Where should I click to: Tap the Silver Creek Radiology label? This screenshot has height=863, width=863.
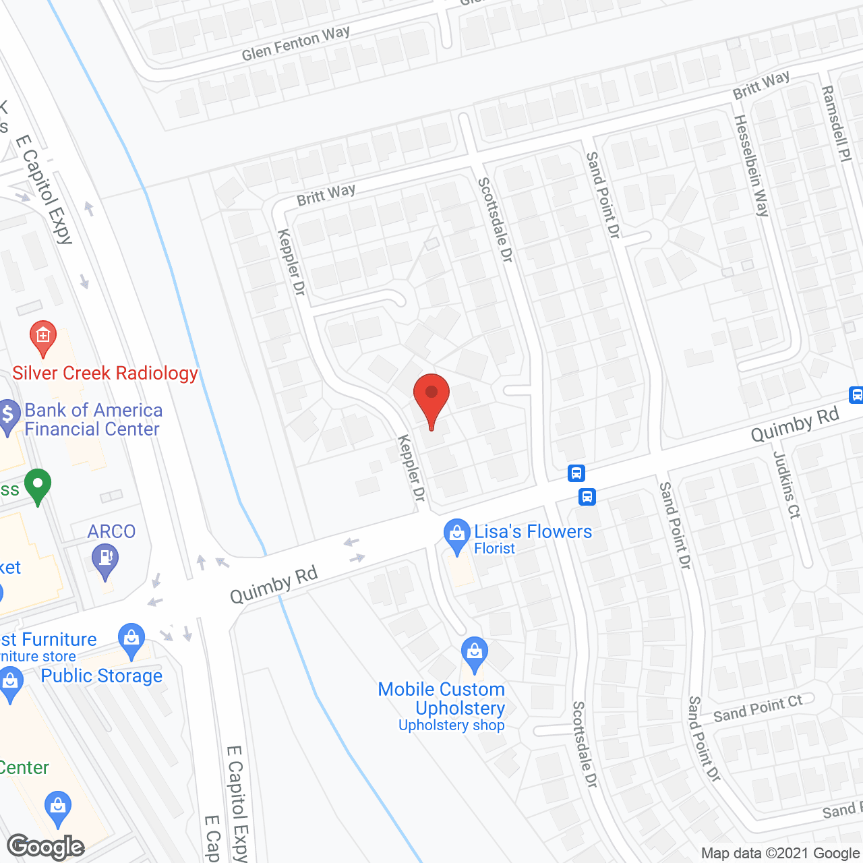(x=105, y=373)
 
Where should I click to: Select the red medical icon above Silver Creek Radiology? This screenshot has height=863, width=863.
(x=43, y=336)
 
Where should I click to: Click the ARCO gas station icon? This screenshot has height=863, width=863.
(x=105, y=558)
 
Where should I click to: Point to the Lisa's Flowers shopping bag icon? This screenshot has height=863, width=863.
(x=457, y=534)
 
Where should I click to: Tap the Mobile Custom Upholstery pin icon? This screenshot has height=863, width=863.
(x=475, y=653)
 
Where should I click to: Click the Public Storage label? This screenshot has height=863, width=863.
(x=102, y=676)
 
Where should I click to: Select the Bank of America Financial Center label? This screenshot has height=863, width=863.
(x=93, y=419)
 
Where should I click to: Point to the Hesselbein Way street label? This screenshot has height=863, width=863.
(x=751, y=166)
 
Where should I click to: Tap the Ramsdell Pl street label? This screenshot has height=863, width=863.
(x=837, y=123)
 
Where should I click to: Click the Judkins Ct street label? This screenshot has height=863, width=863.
(x=787, y=484)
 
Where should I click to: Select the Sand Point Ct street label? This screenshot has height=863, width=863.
(x=758, y=708)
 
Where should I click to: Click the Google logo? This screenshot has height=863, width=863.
(x=46, y=847)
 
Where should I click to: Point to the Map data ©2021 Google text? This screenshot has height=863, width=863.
(x=780, y=854)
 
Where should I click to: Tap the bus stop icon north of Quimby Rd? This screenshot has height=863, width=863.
(x=576, y=473)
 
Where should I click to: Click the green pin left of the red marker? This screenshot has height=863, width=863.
(x=38, y=485)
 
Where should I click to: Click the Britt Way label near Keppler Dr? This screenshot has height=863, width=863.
(x=326, y=195)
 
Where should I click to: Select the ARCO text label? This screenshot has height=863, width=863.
(x=111, y=531)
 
